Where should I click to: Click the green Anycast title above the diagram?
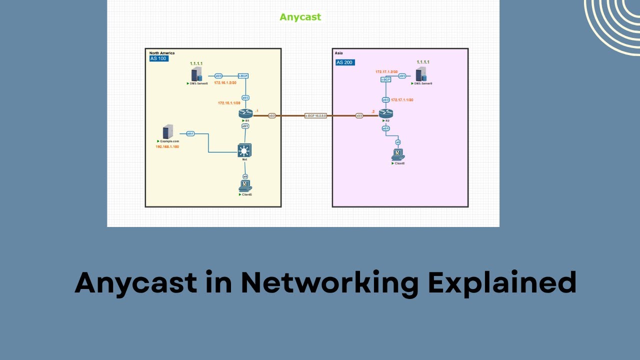(x=300, y=17)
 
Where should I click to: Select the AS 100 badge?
(x=158, y=58)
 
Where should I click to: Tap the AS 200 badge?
(x=345, y=62)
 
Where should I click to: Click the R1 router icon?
(x=245, y=113)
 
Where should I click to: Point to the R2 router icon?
(x=385, y=113)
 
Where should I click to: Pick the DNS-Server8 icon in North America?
(x=196, y=75)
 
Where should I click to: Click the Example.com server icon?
(x=168, y=132)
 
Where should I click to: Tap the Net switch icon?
(x=245, y=150)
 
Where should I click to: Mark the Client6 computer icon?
(x=398, y=154)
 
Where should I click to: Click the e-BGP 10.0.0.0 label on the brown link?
(x=315, y=115)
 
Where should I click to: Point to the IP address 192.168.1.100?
(x=167, y=147)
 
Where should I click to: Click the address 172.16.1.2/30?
(x=225, y=82)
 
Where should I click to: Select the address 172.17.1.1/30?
(x=402, y=100)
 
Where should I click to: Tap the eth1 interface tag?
(x=190, y=133)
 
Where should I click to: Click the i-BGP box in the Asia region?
(x=385, y=79)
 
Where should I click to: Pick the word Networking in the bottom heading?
(x=329, y=282)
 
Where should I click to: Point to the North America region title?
(x=161, y=52)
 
